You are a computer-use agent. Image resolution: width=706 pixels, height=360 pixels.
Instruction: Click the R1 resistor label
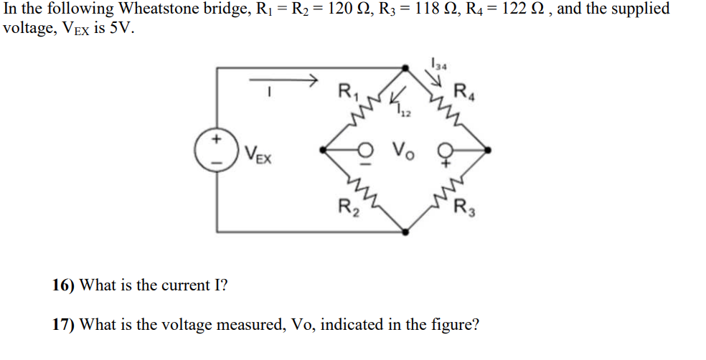[346, 93]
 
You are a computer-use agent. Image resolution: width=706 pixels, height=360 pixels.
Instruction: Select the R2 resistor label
[347, 208]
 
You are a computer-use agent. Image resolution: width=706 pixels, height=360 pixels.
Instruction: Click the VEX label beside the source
[257, 153]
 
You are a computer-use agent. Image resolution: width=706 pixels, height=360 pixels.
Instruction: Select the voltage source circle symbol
[215, 151]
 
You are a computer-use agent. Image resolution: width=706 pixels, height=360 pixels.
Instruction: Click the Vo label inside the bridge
[402, 151]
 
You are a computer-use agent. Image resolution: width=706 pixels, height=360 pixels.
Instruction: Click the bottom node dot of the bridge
[405, 232]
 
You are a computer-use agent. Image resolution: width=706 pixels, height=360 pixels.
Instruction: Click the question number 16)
[63, 285]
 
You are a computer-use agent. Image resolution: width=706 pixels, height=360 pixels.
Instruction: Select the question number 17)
[63, 324]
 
